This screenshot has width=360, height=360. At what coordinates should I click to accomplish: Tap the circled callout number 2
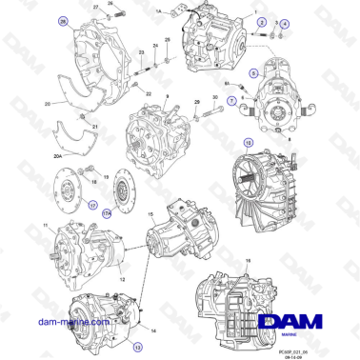point(262,20)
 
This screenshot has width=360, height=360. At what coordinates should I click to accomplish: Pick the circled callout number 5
point(253,72)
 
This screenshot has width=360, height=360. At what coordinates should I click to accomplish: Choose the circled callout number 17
point(92,203)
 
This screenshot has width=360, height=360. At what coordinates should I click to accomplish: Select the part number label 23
point(141,52)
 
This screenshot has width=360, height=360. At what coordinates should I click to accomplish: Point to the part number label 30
point(215,97)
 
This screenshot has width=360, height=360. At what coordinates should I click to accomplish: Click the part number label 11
point(44,225)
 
